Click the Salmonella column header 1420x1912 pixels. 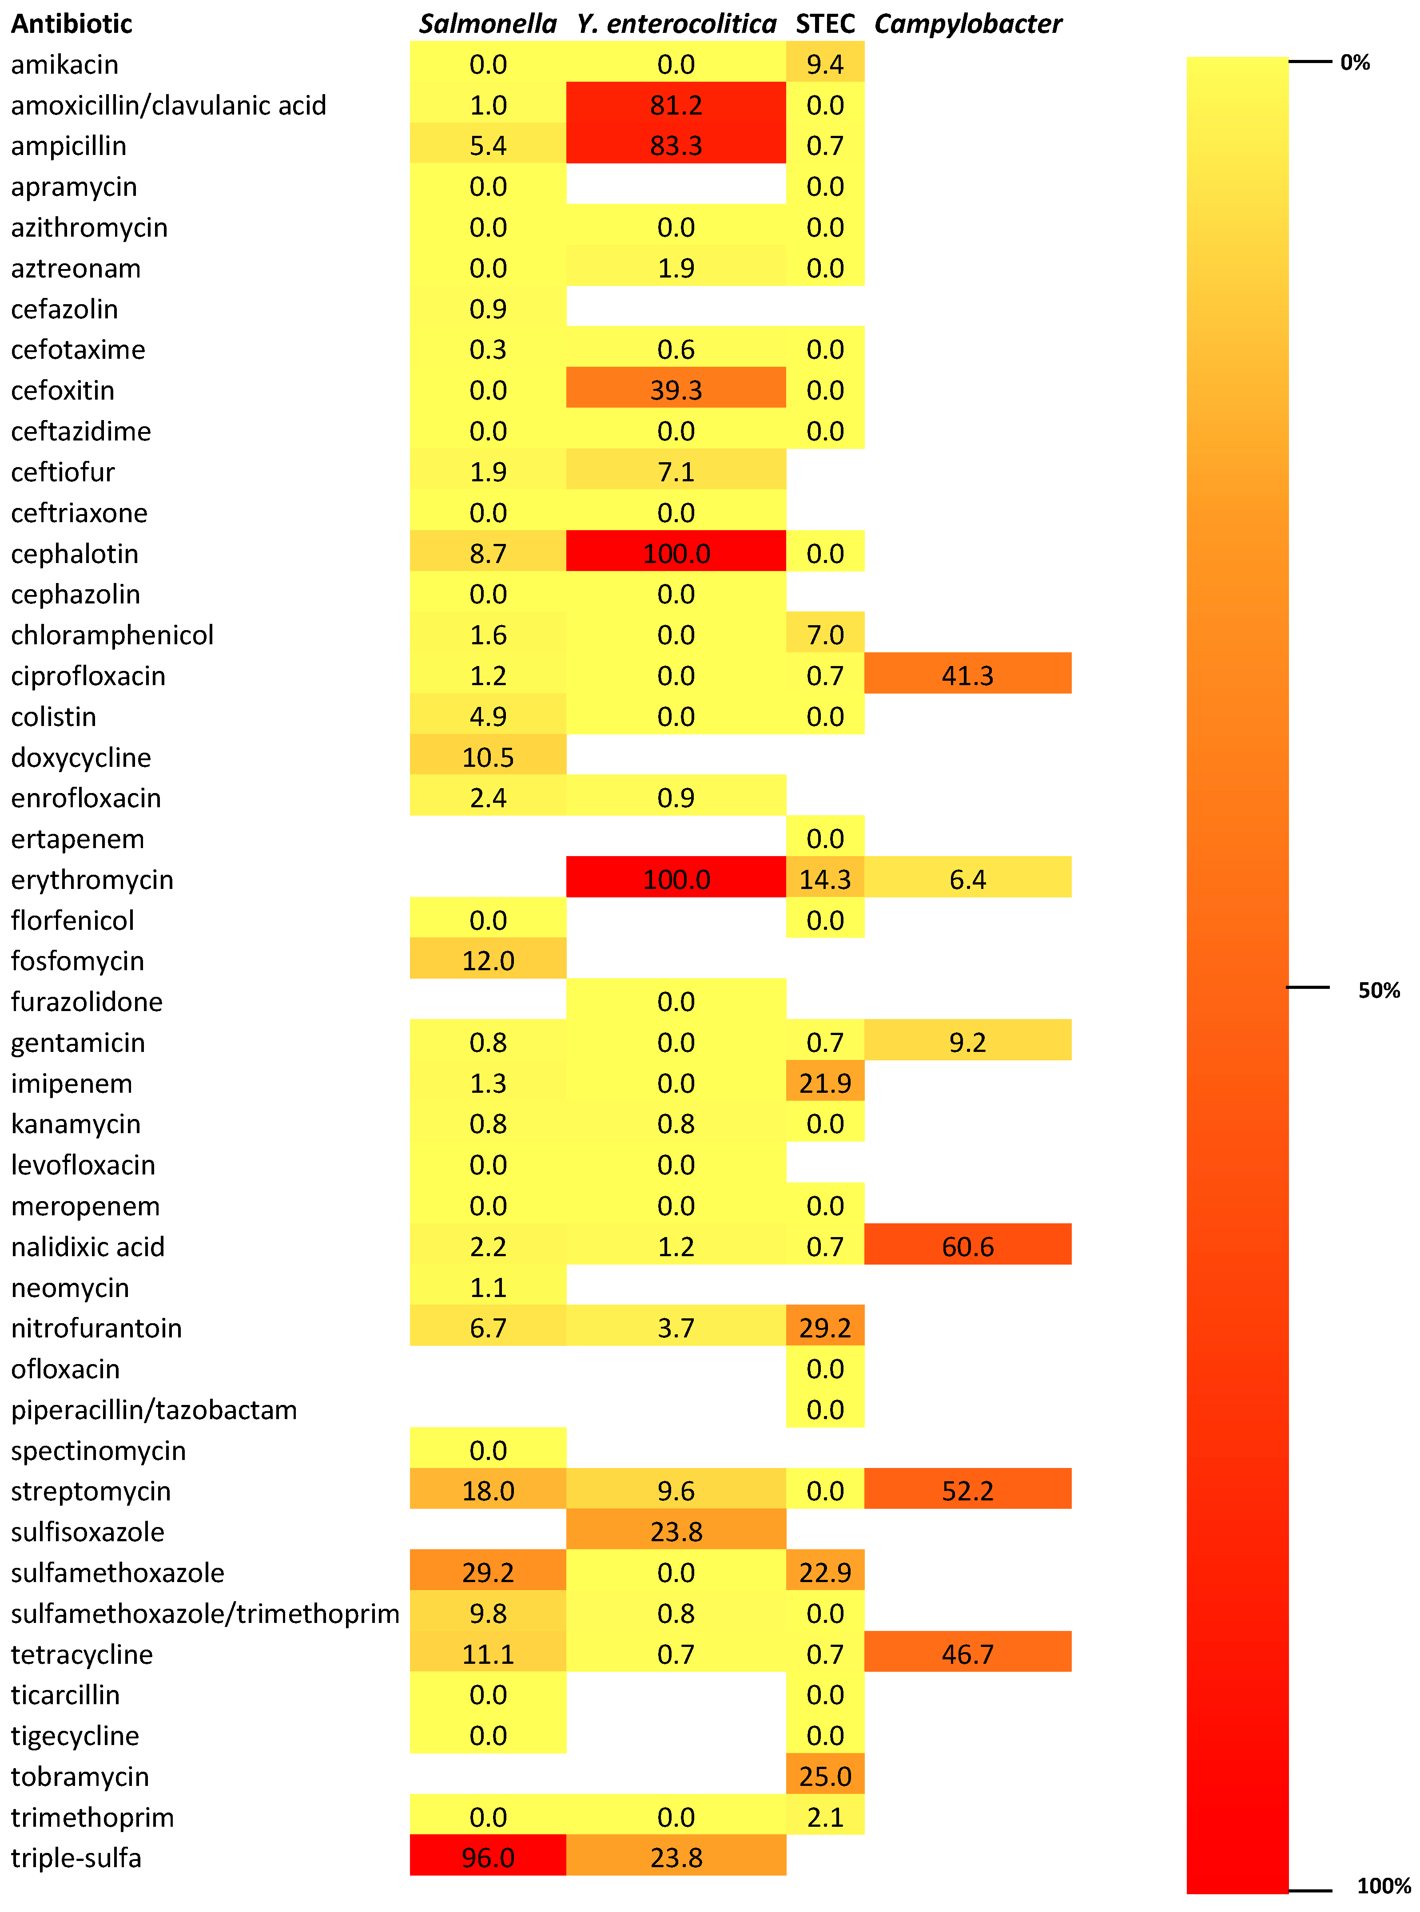pos(487,24)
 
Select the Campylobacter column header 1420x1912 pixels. pos(968,24)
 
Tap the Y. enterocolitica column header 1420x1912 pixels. pos(676,24)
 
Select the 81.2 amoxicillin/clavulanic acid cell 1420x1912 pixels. pos(676,105)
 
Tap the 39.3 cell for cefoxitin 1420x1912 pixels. pos(676,390)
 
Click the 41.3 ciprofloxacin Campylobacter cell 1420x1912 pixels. pos(968,675)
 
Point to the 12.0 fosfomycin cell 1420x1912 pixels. pos(487,961)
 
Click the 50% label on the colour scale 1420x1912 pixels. pos(1379,990)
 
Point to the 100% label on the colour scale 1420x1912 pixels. pos(1383,1886)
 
